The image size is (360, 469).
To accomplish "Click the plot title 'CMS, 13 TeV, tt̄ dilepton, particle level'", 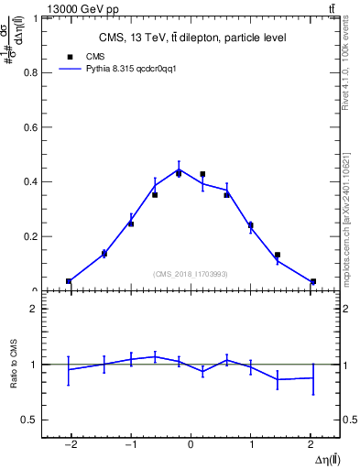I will pos(191,38).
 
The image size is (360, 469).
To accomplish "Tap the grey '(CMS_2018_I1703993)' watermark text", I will pos(191,274).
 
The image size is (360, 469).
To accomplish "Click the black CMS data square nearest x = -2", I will pos(69,281).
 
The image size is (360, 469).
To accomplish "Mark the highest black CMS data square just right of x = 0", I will pos(202,173).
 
